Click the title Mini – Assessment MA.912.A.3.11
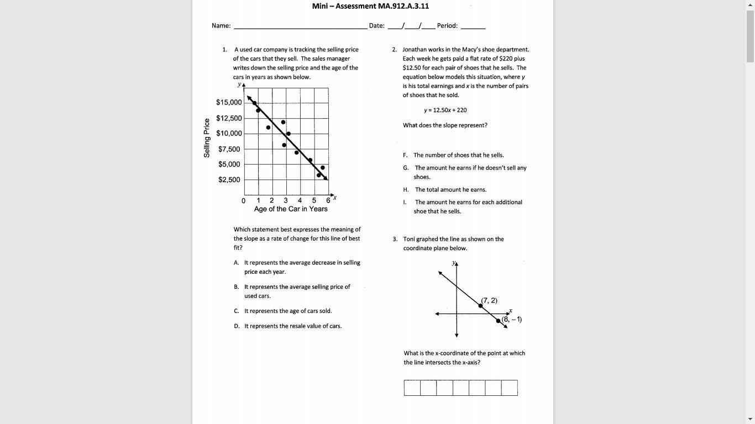tap(370, 6)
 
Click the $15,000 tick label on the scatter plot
tap(229, 103)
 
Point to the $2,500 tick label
tap(229, 180)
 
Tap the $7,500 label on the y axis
tap(229, 149)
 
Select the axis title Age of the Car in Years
tap(291, 209)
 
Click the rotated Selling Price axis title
tap(207, 138)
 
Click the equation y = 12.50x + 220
tap(445, 110)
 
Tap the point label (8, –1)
tap(512, 319)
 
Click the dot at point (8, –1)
tap(498, 321)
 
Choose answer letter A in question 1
tap(236, 263)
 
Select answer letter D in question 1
tap(237, 326)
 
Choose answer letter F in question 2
tap(405, 156)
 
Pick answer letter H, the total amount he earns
tap(406, 190)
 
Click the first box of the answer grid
tap(412, 388)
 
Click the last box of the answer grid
tap(510, 388)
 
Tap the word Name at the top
tap(221, 26)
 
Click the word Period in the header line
tap(447, 26)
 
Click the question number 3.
tap(395, 240)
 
